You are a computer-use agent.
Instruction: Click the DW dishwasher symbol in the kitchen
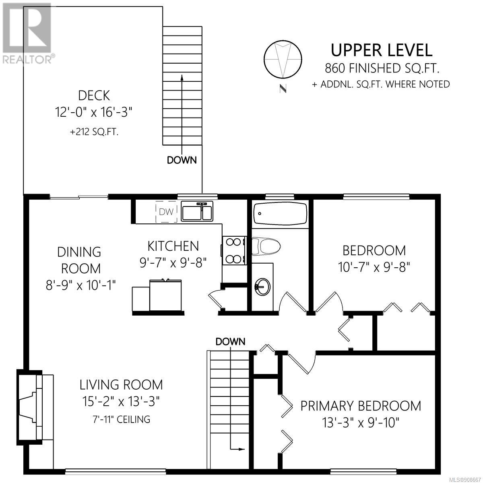tap(166, 212)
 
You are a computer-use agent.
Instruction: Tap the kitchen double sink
tap(197, 211)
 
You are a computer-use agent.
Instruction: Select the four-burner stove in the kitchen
tap(233, 250)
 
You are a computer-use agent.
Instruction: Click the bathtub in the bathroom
tap(280, 214)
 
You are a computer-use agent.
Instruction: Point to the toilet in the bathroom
tap(266, 246)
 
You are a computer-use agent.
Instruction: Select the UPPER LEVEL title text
tap(382, 50)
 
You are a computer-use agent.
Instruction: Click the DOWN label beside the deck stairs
tap(182, 160)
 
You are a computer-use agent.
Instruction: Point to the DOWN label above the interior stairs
tap(230, 342)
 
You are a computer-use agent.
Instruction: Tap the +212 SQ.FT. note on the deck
tap(94, 132)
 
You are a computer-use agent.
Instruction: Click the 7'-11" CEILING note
tap(121, 419)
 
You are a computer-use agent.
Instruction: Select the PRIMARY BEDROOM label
tap(361, 406)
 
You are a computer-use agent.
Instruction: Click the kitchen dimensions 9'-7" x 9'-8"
tap(173, 263)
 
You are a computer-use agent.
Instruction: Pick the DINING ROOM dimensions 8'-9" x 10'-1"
tap(81, 285)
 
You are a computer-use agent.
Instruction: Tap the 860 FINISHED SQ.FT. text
tap(382, 68)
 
